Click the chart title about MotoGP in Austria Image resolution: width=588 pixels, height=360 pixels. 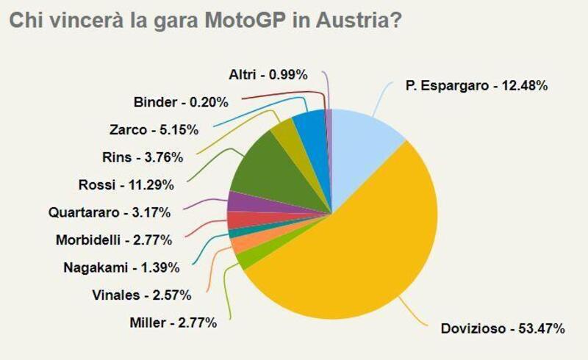pos(205,20)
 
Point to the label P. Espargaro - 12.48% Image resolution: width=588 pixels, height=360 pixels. pos(476,86)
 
